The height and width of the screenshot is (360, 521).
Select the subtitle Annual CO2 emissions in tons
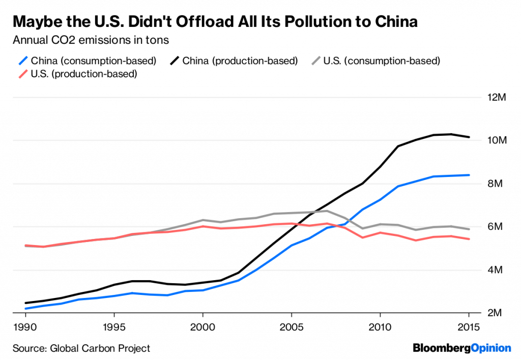(91, 39)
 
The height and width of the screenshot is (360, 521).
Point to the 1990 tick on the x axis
(25, 326)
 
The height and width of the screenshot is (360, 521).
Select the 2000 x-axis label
(202, 326)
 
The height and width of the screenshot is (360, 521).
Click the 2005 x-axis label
(291, 326)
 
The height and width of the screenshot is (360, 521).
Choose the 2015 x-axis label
(468, 326)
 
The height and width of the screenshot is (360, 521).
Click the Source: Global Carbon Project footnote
(81, 348)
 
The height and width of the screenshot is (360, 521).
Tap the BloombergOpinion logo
(461, 348)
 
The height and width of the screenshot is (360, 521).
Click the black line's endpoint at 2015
(469, 137)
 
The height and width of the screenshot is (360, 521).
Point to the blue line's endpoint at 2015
(469, 175)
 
